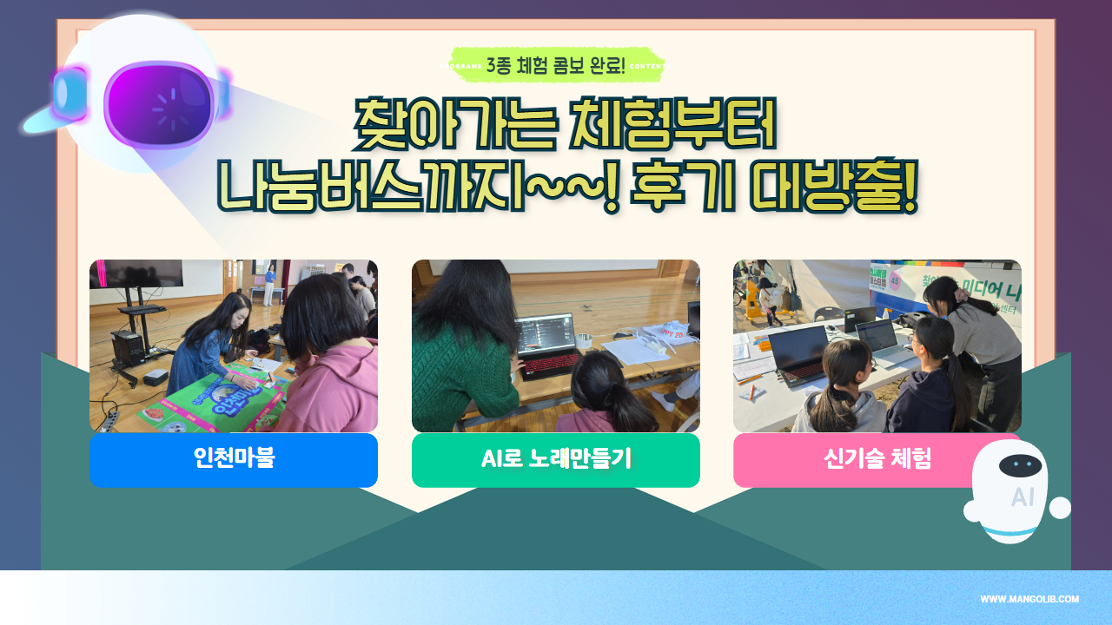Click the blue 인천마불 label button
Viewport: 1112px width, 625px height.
tap(234, 459)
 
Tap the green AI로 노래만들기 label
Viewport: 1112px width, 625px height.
tap(556, 459)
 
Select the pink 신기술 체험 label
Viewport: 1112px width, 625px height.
tap(877, 459)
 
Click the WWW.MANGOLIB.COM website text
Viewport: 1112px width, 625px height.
tap(1029, 599)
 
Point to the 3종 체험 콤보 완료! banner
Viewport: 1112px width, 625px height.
tap(556, 65)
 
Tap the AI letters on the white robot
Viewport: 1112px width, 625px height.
tap(1023, 497)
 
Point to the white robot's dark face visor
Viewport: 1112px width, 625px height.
tap(1020, 465)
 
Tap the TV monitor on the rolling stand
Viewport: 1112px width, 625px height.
tap(136, 273)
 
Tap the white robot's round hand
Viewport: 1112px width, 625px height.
tap(1060, 508)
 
